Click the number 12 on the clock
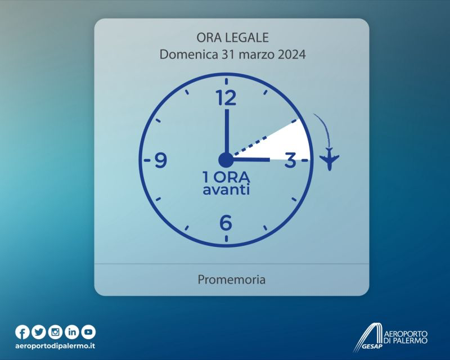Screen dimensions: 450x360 226,97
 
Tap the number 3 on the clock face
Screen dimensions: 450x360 290,160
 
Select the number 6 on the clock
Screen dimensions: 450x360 226,223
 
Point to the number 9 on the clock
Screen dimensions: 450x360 161,160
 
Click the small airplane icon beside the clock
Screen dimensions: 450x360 330,159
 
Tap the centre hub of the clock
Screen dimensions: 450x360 226,160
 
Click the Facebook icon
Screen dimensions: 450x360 22,332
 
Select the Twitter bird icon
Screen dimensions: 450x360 39,332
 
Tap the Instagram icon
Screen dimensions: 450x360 55,332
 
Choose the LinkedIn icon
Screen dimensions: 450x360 72,332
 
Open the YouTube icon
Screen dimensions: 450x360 88,332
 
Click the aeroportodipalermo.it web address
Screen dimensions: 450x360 55,345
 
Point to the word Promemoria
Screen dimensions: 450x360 232,280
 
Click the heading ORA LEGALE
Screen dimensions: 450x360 232,38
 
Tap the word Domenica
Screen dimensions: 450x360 188,54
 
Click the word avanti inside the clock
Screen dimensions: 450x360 226,190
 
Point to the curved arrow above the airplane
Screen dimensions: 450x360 325,127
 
